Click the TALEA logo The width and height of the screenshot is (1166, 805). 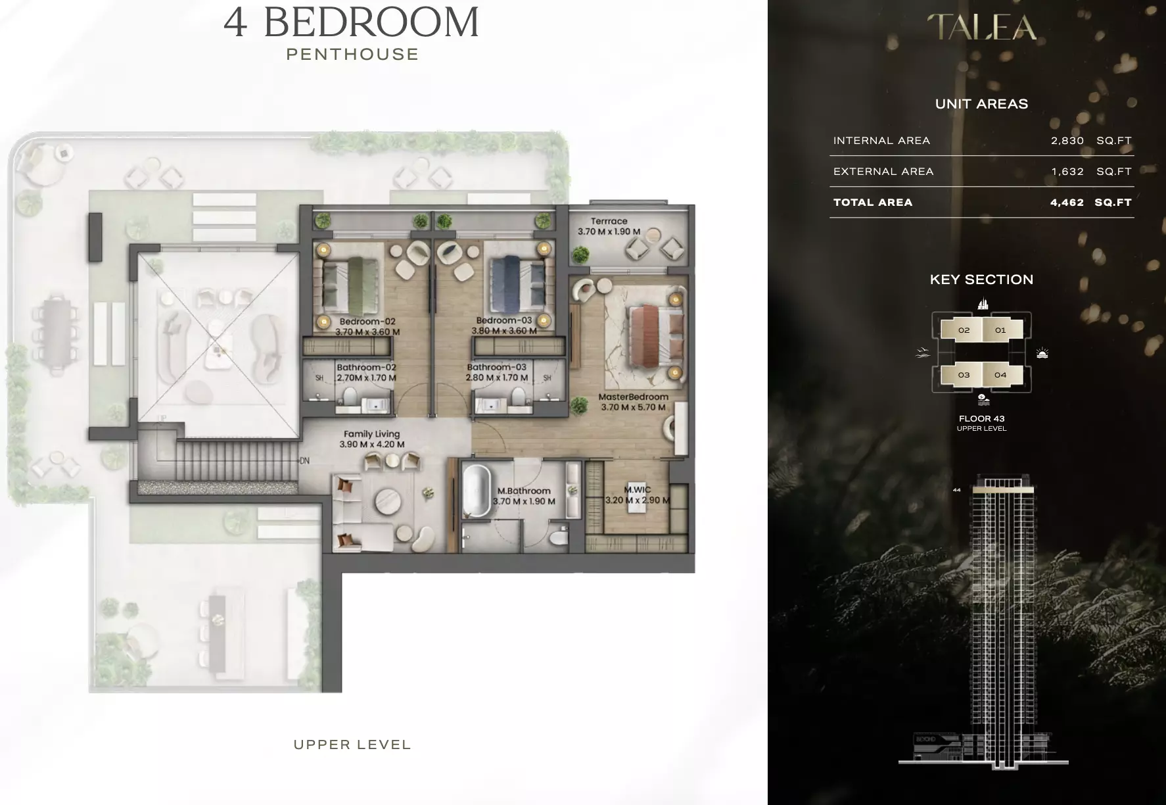pyautogui.click(x=981, y=27)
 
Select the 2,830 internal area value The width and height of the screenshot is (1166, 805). pyautogui.click(x=1067, y=141)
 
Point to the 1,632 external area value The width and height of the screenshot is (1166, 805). pyautogui.click(x=1067, y=172)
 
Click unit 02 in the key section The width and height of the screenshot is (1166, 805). pyautogui.click(x=964, y=330)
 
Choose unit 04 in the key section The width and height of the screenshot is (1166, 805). pyautogui.click(x=1000, y=375)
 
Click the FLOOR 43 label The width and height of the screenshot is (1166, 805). pyautogui.click(x=982, y=418)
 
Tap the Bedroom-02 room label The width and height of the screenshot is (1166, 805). pyautogui.click(x=367, y=322)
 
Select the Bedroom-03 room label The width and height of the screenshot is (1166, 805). pyautogui.click(x=504, y=321)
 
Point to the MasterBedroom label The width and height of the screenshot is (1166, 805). pyautogui.click(x=633, y=397)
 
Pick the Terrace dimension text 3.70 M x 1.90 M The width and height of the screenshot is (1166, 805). pyautogui.click(x=609, y=232)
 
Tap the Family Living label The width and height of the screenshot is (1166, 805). pyautogui.click(x=371, y=434)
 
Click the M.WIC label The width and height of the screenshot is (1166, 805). pyautogui.click(x=638, y=490)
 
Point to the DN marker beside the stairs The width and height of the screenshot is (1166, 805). pyautogui.click(x=304, y=461)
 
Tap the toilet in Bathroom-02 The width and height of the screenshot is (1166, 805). pyautogui.click(x=350, y=397)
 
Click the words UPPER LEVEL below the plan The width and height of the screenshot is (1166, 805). pyautogui.click(x=352, y=745)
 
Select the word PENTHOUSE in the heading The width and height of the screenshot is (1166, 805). pyautogui.click(x=352, y=55)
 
